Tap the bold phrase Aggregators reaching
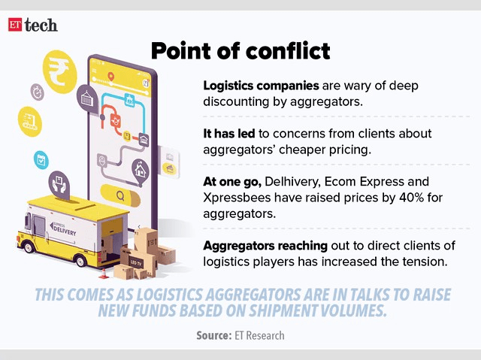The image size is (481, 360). click(x=264, y=246)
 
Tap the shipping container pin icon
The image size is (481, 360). click(x=89, y=98)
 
